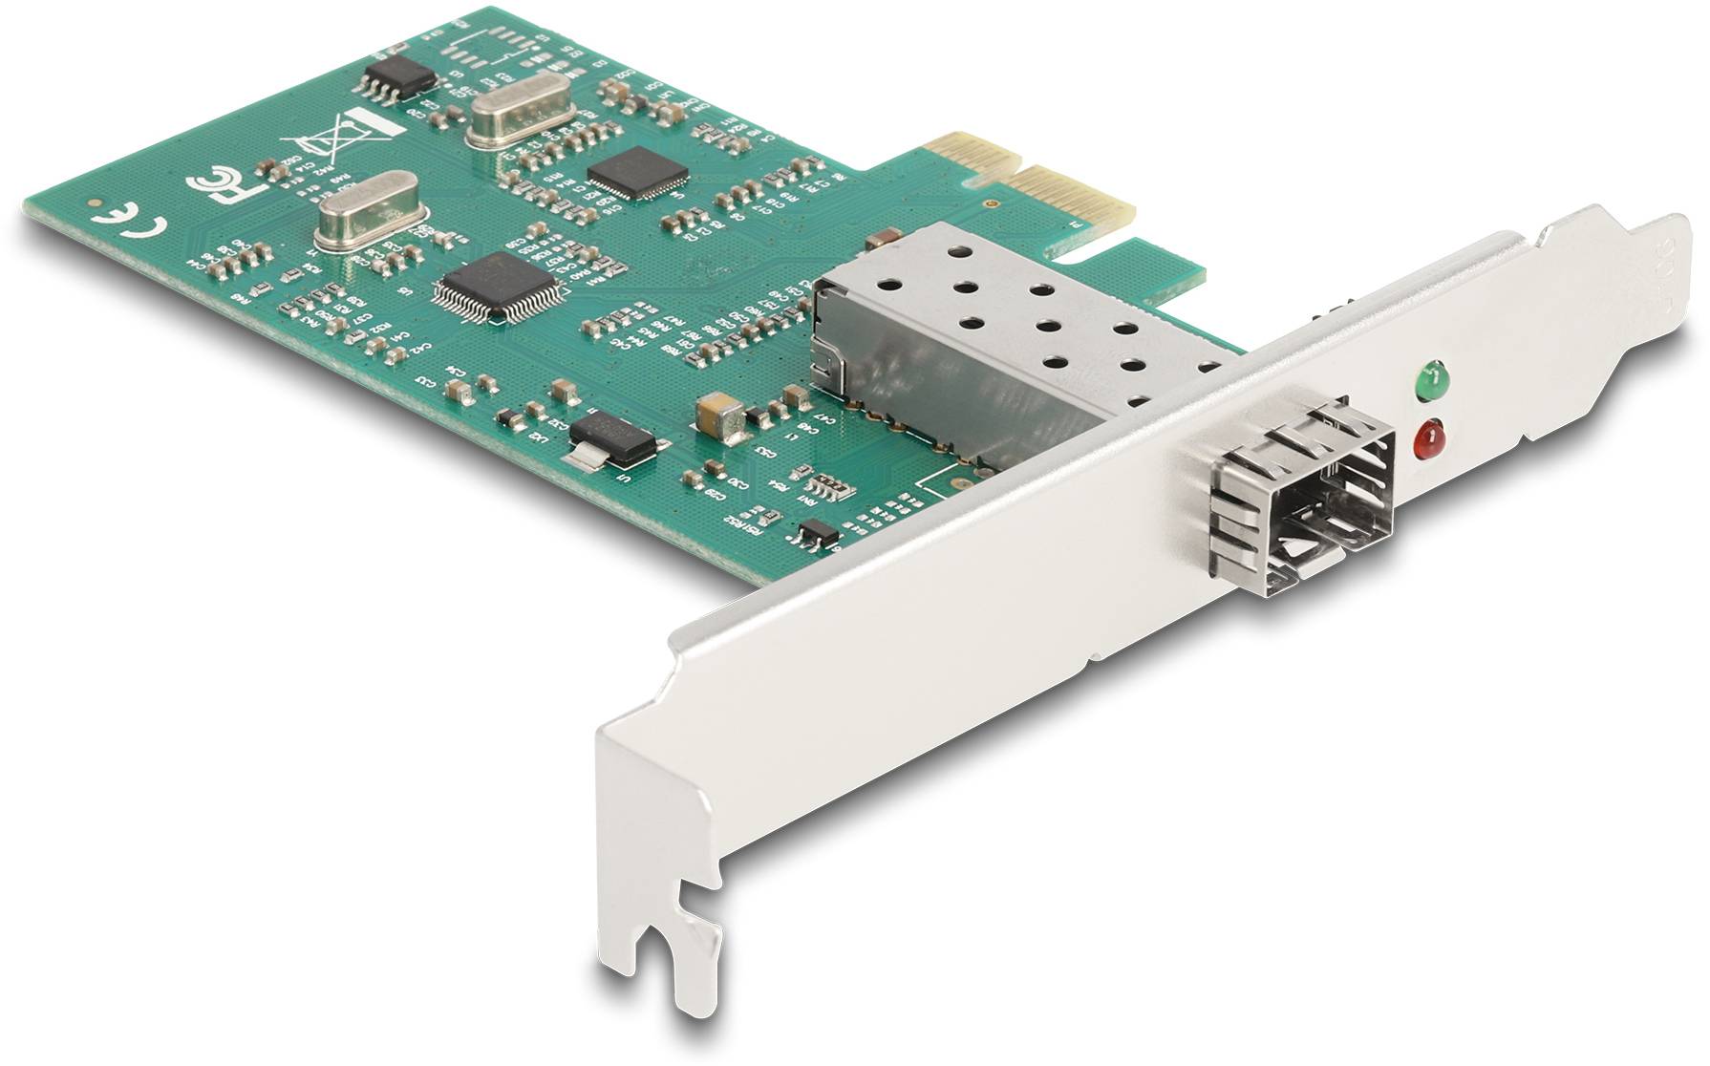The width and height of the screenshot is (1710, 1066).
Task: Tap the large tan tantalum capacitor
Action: point(723,417)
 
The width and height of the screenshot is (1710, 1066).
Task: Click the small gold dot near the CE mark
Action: point(94,203)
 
